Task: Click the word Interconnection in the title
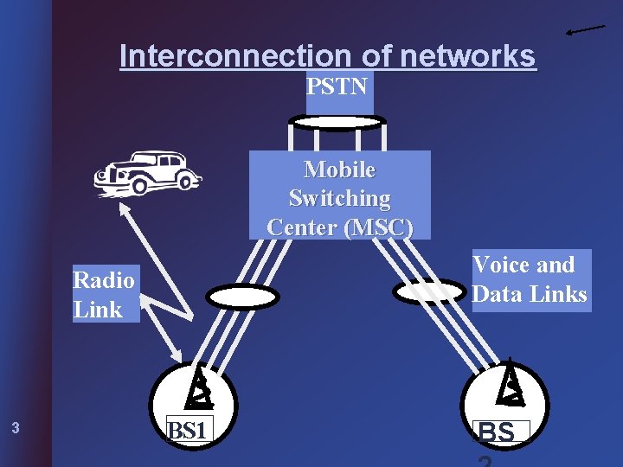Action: click(234, 56)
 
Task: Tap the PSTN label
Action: click(338, 86)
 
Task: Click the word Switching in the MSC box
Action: click(339, 198)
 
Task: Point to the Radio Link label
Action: click(105, 294)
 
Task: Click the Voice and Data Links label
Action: click(529, 279)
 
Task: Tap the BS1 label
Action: click(189, 428)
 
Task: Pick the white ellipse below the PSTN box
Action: click(336, 123)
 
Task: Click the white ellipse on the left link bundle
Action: click(242, 297)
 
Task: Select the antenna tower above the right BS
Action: click(511, 382)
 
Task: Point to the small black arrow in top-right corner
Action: click(585, 30)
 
